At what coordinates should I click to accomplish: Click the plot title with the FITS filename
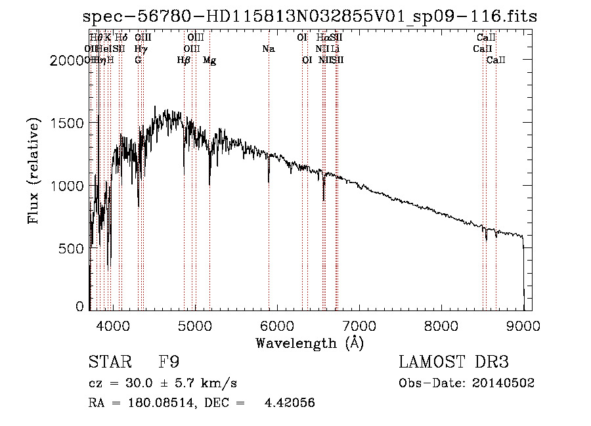click(310, 16)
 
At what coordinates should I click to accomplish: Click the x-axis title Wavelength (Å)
click(309, 342)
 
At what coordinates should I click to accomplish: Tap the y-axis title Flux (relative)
click(33, 171)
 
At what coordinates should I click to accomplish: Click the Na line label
click(268, 49)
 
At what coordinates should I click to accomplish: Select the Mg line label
click(209, 60)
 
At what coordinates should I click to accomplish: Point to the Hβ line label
click(183, 60)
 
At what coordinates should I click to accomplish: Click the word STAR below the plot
click(109, 362)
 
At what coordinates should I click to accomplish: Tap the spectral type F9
click(169, 362)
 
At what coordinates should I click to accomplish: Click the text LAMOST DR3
click(453, 362)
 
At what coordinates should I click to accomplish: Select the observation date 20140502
click(506, 383)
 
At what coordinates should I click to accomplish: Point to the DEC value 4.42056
click(290, 403)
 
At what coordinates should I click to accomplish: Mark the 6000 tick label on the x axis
click(278, 325)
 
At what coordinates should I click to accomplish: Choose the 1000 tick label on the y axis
click(69, 186)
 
